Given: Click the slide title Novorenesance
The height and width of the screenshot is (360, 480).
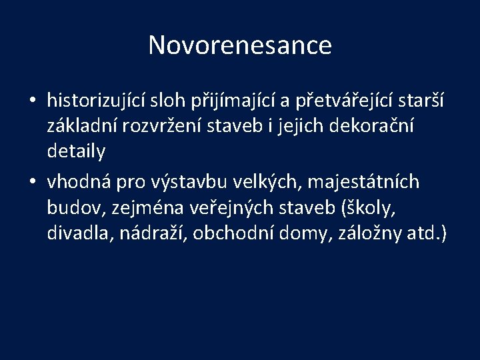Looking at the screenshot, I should point(239,45).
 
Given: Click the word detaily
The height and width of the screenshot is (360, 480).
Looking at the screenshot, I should point(76,153).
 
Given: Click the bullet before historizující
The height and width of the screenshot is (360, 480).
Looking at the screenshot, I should point(32,101).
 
